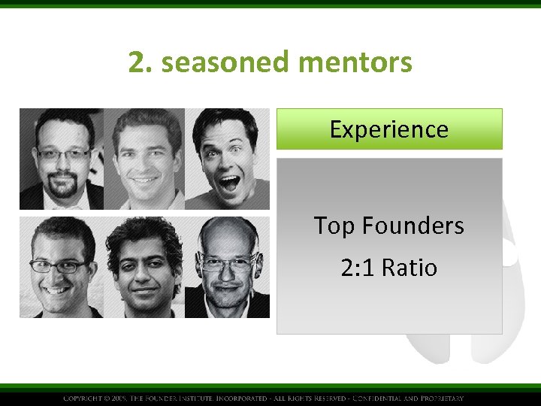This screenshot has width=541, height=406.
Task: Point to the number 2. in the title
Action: (x=141, y=62)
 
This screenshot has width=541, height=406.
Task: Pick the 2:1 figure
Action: (x=357, y=268)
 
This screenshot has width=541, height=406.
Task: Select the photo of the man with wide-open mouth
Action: (x=227, y=159)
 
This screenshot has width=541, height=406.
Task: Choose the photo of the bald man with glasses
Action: (x=227, y=267)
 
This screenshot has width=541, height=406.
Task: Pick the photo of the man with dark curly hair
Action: (x=144, y=267)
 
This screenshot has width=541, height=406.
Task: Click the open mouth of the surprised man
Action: (x=228, y=182)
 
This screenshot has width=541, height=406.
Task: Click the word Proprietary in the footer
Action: (x=440, y=398)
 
